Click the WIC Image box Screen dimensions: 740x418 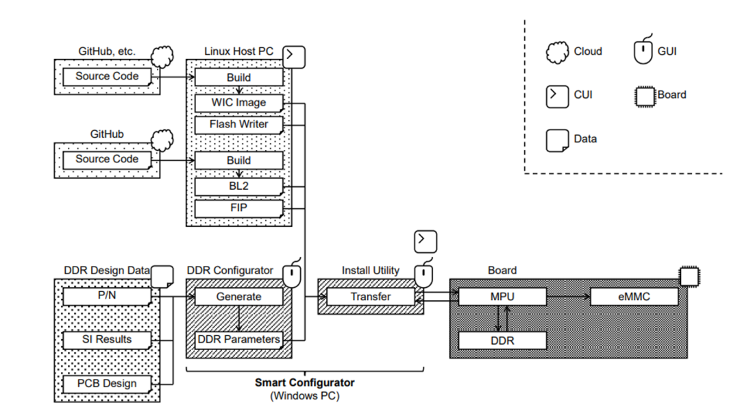pyautogui.click(x=239, y=103)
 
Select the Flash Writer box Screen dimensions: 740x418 pyautogui.click(x=239, y=125)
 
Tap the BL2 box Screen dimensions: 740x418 pyautogui.click(x=239, y=186)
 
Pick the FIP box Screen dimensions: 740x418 pyautogui.click(x=239, y=208)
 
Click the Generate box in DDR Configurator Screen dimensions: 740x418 pyautogui.click(x=239, y=297)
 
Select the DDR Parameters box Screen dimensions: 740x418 pyautogui.click(x=239, y=340)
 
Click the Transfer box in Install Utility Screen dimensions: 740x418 pyautogui.click(x=371, y=297)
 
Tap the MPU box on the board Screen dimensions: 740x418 pyautogui.click(x=502, y=297)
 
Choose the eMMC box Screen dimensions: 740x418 pyautogui.click(x=634, y=297)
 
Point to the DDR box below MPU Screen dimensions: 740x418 pyautogui.click(x=502, y=341)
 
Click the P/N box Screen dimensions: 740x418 pyautogui.click(x=107, y=296)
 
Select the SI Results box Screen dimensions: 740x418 pyautogui.click(x=107, y=340)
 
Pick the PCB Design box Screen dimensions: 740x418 pyautogui.click(x=107, y=384)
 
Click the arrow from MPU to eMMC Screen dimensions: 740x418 pyautogui.click(x=568, y=297)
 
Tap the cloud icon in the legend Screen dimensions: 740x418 pyautogui.click(x=557, y=52)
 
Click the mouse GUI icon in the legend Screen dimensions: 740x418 pyautogui.click(x=643, y=51)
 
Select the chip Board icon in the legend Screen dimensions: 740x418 pyautogui.click(x=645, y=97)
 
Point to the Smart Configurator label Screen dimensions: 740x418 pyautogui.click(x=304, y=382)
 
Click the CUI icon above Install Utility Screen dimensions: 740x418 pyautogui.click(x=425, y=242)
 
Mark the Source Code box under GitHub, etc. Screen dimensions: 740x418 pyautogui.click(x=107, y=77)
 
